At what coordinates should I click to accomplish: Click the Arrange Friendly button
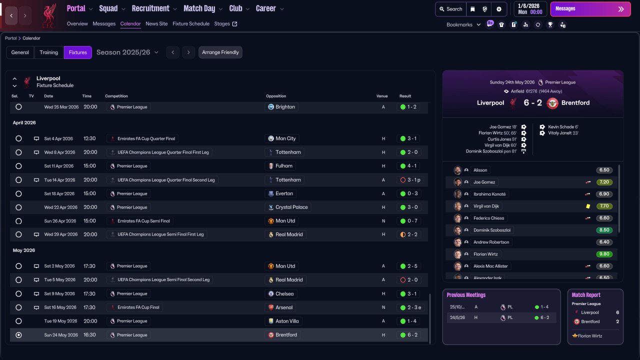tap(220, 52)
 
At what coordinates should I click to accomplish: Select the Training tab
tap(49, 52)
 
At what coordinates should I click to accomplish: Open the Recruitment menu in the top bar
tap(154, 8)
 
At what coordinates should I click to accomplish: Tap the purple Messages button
tap(590, 9)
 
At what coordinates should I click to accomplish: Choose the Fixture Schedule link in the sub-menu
tap(191, 23)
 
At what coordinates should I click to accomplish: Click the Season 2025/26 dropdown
tap(127, 52)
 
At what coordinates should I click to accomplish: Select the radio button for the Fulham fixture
tap(18, 166)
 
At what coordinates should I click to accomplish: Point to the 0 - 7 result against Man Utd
tap(412, 221)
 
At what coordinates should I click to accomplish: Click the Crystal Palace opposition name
tap(291, 207)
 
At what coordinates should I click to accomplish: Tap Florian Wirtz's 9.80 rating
tap(604, 254)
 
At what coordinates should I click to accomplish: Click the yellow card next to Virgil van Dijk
tap(588, 206)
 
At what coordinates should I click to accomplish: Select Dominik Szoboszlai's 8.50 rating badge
tap(604, 230)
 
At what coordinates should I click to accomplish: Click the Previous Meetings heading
tap(466, 295)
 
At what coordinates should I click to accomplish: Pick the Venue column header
tap(382, 96)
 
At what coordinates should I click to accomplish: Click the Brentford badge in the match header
tap(552, 103)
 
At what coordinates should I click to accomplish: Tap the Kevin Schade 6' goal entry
tap(562, 127)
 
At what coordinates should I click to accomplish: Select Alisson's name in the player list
tap(480, 170)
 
